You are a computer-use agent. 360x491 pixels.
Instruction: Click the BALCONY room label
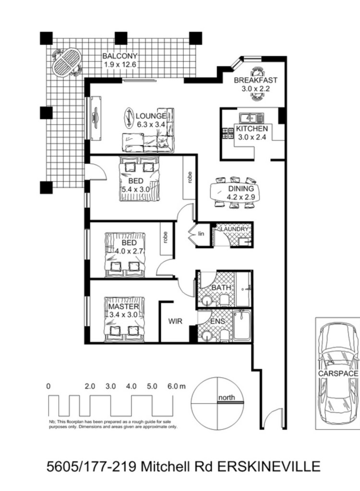(x=120, y=56)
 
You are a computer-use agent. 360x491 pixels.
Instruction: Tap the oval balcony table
(x=67, y=62)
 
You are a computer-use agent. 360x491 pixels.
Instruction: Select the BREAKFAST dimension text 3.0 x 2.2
(x=255, y=89)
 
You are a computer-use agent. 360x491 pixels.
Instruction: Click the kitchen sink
(x=251, y=118)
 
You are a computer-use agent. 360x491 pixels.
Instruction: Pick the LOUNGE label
(x=151, y=116)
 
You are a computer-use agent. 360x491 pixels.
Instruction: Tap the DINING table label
(x=241, y=189)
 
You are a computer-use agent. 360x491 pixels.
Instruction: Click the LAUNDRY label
(x=234, y=229)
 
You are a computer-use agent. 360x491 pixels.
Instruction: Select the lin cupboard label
(x=201, y=234)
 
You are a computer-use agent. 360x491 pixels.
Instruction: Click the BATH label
(x=221, y=287)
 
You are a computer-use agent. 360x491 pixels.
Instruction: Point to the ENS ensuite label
(x=217, y=321)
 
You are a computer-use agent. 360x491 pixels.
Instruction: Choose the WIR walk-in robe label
(x=175, y=321)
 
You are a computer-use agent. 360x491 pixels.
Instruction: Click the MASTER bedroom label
(x=123, y=307)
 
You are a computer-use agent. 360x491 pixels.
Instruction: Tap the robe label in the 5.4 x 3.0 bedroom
(x=189, y=177)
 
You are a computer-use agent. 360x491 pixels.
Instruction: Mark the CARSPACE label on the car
(x=338, y=373)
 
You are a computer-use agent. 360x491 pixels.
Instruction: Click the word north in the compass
(x=227, y=397)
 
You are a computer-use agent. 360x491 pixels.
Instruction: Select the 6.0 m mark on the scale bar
(x=177, y=386)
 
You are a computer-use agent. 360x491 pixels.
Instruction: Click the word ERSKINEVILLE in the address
(x=269, y=467)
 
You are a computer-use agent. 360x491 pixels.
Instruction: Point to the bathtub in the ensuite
(x=242, y=325)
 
